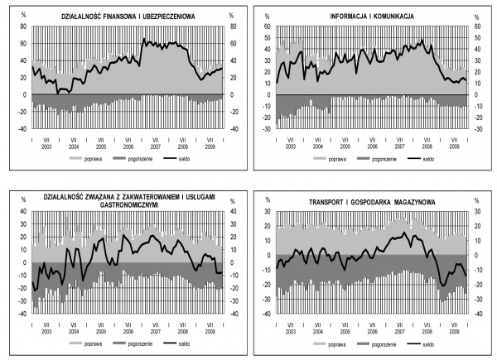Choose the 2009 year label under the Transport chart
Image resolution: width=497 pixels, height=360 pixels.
point(454,331)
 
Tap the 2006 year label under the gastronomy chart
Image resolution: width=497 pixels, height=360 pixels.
point(127,331)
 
